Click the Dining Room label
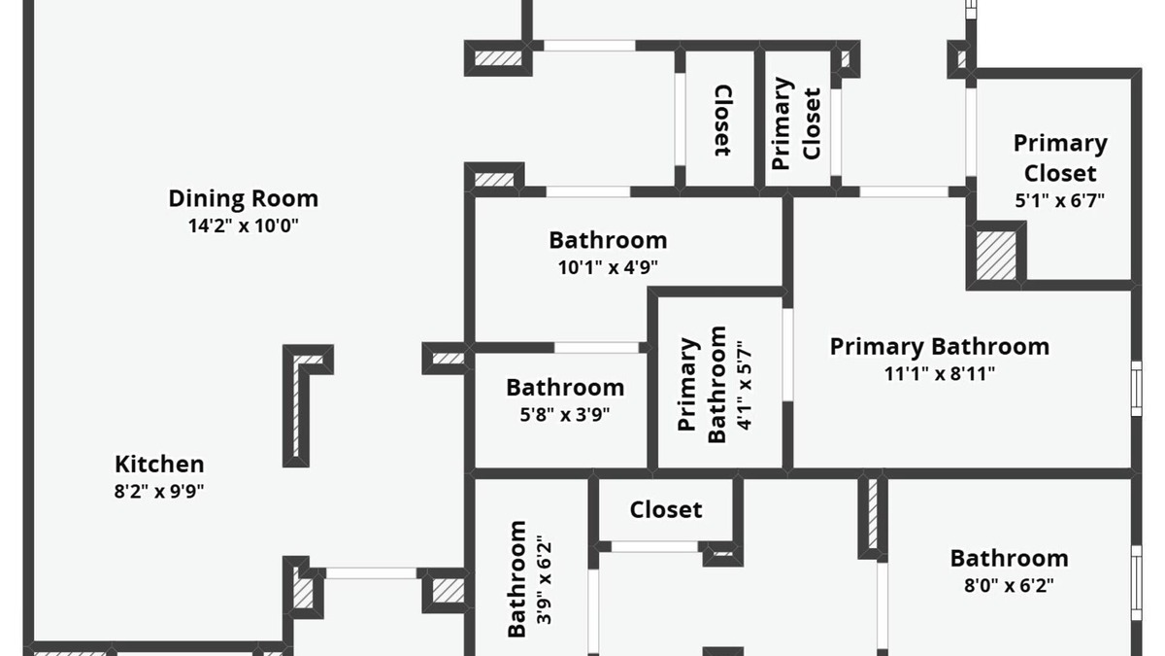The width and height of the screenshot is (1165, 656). (x=243, y=198)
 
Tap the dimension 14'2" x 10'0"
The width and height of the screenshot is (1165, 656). (x=243, y=225)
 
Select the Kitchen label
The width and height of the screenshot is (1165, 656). (x=159, y=464)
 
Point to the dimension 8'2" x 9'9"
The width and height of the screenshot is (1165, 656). (x=159, y=491)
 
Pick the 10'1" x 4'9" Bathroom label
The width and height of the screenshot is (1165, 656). (x=608, y=240)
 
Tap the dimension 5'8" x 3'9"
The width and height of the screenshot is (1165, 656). (x=564, y=414)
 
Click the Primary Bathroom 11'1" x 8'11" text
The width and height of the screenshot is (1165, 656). (x=939, y=346)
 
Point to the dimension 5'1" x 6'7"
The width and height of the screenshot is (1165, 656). (x=1059, y=201)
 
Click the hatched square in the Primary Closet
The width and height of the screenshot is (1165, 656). (x=995, y=255)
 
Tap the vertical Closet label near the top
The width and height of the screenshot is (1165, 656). (x=722, y=121)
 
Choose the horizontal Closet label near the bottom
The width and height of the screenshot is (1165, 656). (x=666, y=509)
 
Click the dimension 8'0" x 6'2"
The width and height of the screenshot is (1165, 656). (x=1009, y=585)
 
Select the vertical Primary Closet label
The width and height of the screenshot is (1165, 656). (x=797, y=123)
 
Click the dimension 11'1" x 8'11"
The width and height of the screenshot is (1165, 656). (x=939, y=373)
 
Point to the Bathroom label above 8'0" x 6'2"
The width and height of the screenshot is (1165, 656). (x=1009, y=558)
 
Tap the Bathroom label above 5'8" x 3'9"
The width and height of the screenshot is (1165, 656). (x=564, y=387)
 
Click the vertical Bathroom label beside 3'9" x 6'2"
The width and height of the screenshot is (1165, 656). (x=517, y=579)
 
